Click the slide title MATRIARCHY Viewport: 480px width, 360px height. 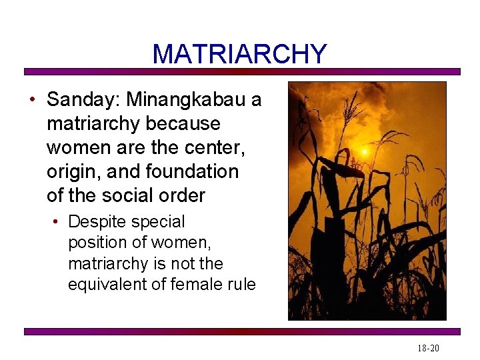click(x=239, y=54)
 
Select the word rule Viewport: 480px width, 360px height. click(x=241, y=285)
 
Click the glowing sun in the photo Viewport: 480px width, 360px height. click(x=365, y=152)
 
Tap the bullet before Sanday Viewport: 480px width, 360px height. click(x=31, y=100)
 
